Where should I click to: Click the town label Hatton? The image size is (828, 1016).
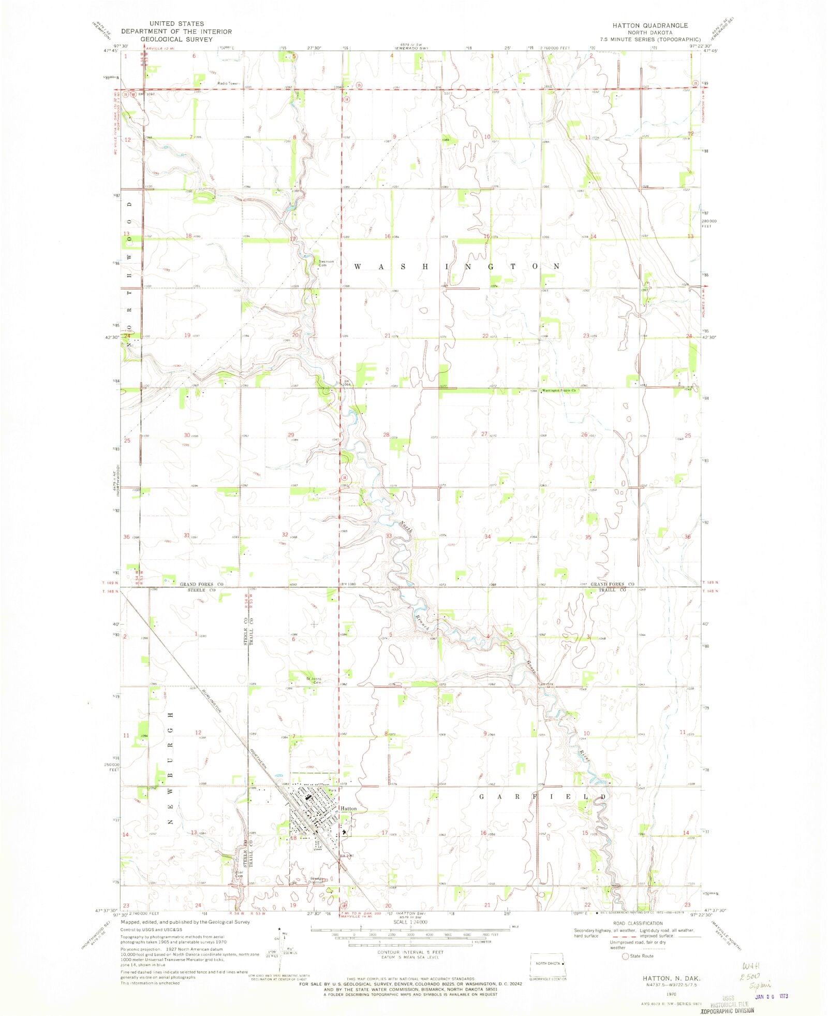click(348, 808)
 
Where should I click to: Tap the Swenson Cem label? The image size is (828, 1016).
click(326, 263)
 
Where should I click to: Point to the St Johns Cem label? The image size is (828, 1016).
click(314, 680)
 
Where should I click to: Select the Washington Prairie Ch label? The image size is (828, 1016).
click(559, 390)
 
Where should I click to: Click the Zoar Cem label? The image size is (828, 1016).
click(239, 874)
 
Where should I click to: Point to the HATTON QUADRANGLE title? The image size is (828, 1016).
click(650, 25)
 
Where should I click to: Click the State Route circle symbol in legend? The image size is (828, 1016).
click(625, 956)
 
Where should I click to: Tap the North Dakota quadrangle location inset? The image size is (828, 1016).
click(549, 964)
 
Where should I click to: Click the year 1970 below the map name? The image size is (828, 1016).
click(671, 994)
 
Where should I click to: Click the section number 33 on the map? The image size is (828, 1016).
click(388, 535)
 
